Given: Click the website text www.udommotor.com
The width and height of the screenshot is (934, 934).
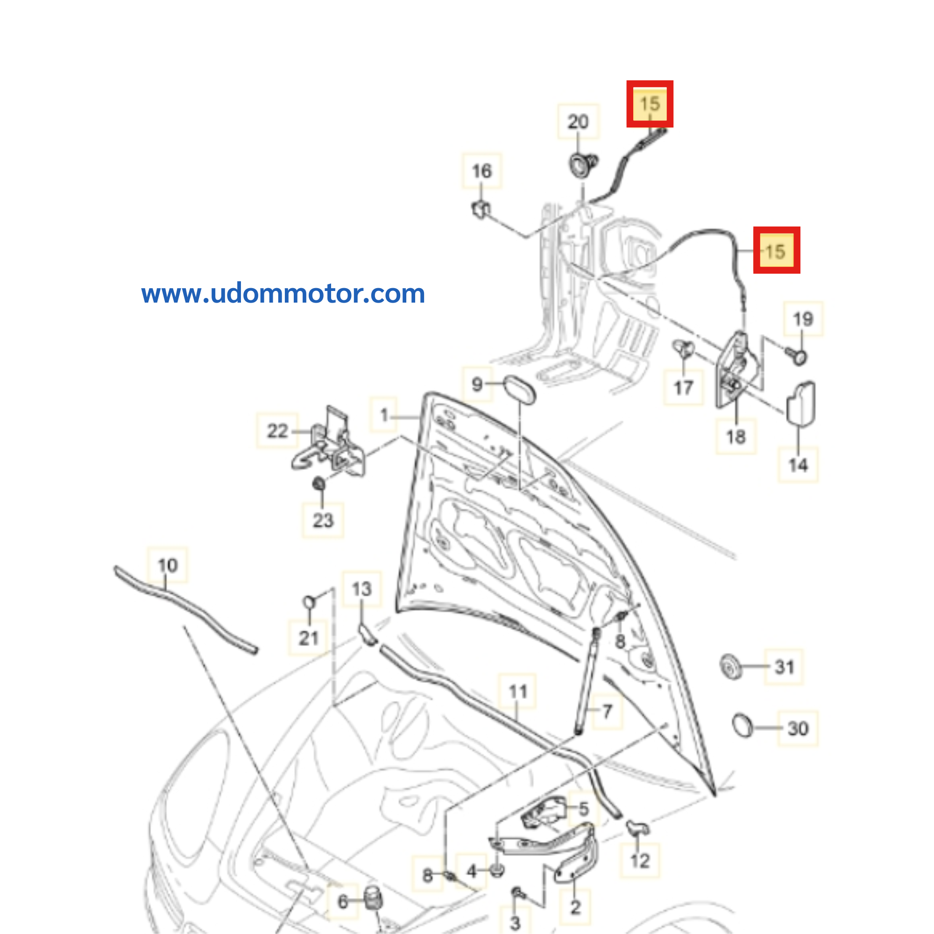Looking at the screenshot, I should tap(283, 294).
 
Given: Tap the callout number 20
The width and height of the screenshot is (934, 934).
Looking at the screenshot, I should tap(578, 122).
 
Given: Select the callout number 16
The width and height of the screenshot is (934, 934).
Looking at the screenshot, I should tap(481, 171).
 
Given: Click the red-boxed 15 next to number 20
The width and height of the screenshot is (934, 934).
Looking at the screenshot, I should tap(649, 104).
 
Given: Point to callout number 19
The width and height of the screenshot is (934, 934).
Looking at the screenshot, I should tap(802, 319).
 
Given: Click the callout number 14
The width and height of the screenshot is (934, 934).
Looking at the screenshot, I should tap(798, 465).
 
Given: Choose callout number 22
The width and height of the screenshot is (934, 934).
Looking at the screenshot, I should tap(277, 431).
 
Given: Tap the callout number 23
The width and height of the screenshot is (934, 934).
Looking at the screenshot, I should tap(323, 521).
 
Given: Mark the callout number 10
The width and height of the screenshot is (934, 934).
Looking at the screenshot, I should tap(168, 565).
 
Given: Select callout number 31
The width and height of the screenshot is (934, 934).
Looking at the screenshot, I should tap(784, 667).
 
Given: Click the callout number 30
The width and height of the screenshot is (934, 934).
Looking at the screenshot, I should tap(798, 729).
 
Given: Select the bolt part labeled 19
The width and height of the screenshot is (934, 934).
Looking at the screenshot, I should tap(796, 358).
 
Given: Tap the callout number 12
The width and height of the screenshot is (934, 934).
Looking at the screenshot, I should tap(640, 861).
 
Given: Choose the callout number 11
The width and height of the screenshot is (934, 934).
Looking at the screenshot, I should tap(517, 691).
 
